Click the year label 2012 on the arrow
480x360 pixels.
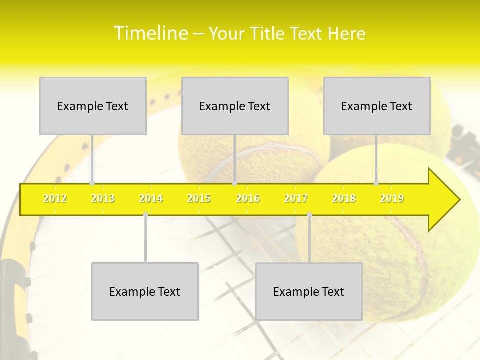click(55, 199)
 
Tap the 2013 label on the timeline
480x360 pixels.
click(103, 199)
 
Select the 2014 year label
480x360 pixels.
click(151, 199)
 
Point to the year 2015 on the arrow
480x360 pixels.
click(199, 199)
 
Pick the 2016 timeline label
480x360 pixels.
click(248, 199)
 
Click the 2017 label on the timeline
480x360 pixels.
click(296, 199)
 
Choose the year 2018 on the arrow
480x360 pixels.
click(344, 199)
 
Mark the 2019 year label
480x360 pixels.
click(392, 199)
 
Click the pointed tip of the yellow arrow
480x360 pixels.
click(458, 200)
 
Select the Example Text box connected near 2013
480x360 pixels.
click(93, 106)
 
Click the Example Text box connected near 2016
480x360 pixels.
click(235, 106)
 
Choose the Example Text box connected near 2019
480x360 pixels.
click(377, 106)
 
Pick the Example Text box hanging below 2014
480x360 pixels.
click(145, 291)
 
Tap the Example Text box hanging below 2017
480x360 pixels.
click(309, 291)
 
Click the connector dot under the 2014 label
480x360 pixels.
click(145, 215)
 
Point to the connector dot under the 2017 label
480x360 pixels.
click(309, 215)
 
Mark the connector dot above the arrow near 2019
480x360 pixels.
click(376, 183)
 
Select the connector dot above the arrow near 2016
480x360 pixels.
click(234, 183)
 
